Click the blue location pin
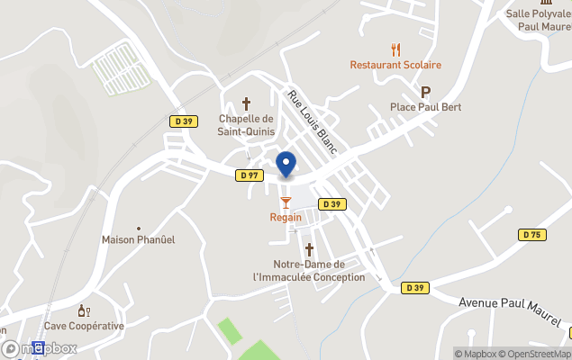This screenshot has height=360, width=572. pyautogui.click(x=286, y=165)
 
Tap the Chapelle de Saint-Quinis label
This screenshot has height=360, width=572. pyautogui.click(x=245, y=125)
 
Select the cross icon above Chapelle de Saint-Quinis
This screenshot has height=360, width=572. pyautogui.click(x=246, y=103)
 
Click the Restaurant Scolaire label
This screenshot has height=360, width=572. pyautogui.click(x=395, y=65)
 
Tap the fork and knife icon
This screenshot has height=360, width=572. pyautogui.click(x=395, y=49)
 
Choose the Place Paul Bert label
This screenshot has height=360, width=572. pyautogui.click(x=425, y=107)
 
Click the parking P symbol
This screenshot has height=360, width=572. pyautogui.click(x=425, y=92)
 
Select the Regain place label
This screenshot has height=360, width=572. pyautogui.click(x=286, y=218)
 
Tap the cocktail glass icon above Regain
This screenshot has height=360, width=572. pyautogui.click(x=286, y=202)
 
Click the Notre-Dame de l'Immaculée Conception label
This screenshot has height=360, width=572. pyautogui.click(x=309, y=271)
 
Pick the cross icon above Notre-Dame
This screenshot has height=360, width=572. pyautogui.click(x=309, y=248)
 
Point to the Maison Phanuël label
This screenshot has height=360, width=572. pyautogui.click(x=138, y=239)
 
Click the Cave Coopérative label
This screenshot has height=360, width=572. pyautogui.click(x=84, y=326)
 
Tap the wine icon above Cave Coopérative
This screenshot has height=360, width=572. pyautogui.click(x=84, y=310)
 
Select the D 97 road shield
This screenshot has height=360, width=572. pyautogui.click(x=250, y=175)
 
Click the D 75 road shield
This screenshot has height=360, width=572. pyautogui.click(x=531, y=235)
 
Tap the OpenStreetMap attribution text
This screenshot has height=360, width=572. pyautogui.click(x=535, y=354)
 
